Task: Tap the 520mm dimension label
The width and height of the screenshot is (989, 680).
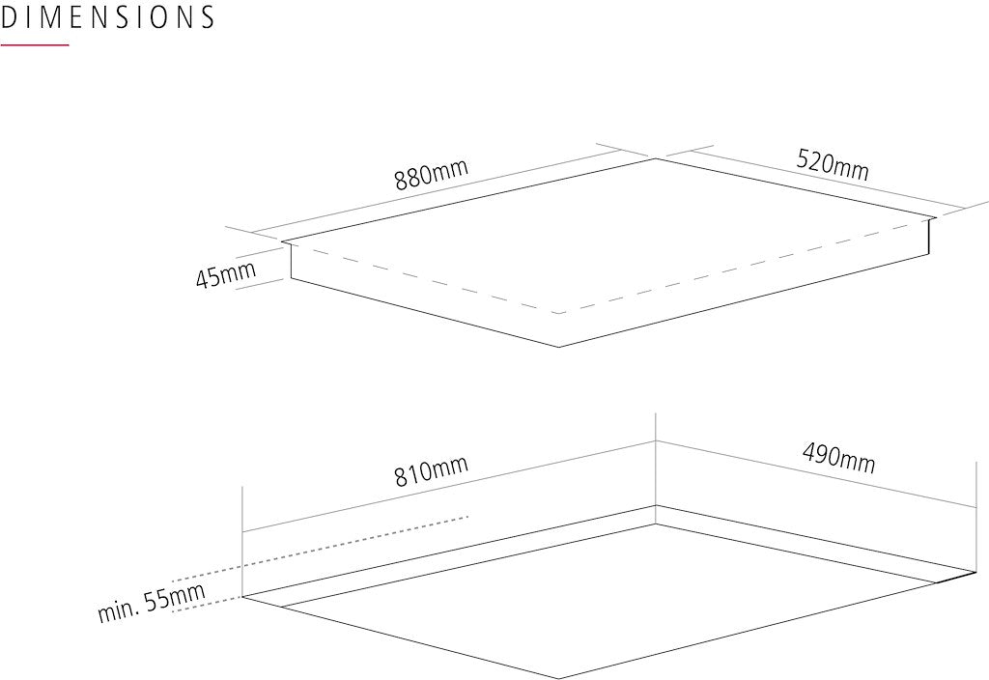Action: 833,164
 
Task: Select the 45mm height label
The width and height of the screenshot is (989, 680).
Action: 226,274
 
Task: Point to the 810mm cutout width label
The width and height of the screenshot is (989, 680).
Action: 432,471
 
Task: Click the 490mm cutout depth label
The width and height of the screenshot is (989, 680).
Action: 839,458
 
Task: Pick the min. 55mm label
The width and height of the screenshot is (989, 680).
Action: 152,603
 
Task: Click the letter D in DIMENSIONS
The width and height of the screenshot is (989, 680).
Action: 9,17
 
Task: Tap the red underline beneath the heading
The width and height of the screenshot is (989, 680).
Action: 34,44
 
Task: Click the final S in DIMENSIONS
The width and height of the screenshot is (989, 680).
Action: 207,17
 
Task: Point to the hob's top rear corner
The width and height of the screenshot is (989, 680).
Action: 656,158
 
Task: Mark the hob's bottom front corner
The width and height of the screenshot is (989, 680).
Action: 559,347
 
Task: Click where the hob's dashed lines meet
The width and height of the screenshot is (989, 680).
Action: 559,313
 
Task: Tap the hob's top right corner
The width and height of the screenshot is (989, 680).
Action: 936,217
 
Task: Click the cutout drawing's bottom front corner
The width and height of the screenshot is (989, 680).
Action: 559,679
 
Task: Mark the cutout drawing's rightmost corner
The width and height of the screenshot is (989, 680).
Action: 976,572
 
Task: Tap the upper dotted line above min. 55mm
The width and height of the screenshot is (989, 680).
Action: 321,549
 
